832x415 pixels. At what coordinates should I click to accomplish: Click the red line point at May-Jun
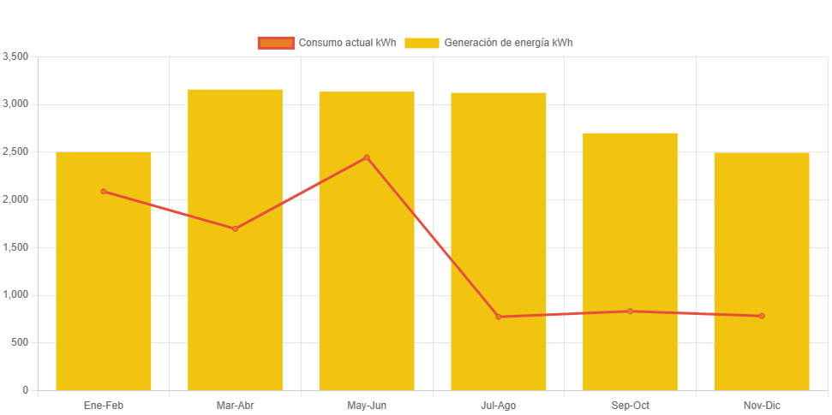pos(367,157)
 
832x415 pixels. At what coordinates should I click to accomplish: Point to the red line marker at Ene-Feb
pos(104,191)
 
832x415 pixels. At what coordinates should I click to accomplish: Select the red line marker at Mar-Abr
pos(235,228)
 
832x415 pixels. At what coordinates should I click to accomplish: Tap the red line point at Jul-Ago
pos(499,317)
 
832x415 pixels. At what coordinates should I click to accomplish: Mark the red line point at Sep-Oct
pos(630,311)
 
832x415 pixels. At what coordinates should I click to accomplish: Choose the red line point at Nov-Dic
pos(762,316)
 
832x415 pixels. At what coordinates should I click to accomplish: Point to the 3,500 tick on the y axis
pos(16,56)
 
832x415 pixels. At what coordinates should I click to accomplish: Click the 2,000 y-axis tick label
pos(16,199)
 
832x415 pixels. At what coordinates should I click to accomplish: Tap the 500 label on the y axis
pos(21,342)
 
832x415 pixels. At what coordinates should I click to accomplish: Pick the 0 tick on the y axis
pos(26,390)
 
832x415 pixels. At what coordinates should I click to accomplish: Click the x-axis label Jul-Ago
pos(499,406)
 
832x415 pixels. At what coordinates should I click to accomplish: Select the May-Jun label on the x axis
pos(367,406)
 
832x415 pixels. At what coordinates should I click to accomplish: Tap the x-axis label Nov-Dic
pos(762,406)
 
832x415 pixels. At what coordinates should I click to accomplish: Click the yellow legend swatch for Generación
pos(422,43)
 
